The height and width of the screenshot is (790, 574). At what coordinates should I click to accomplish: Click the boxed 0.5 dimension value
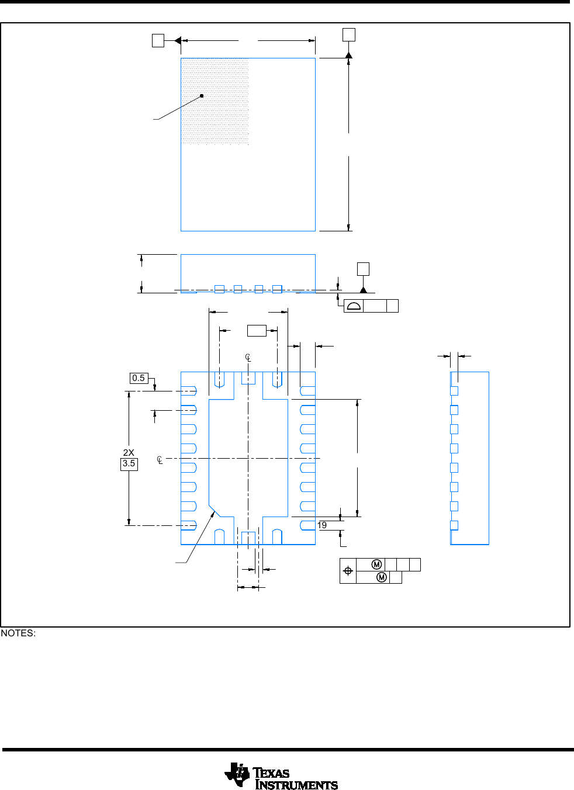(139, 378)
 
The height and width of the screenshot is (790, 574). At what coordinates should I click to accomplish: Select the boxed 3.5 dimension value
(129, 463)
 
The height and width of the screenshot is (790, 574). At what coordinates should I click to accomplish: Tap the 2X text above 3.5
(129, 452)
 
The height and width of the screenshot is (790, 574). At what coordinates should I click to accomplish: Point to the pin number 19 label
(321, 525)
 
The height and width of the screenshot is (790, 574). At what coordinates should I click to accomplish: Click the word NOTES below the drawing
(18, 633)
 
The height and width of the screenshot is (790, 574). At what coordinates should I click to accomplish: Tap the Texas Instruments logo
(281, 776)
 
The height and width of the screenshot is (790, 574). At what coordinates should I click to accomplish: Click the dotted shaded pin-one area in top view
(215, 101)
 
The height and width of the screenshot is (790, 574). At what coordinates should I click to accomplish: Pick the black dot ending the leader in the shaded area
(202, 96)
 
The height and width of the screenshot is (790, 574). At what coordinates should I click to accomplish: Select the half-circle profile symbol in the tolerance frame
(354, 306)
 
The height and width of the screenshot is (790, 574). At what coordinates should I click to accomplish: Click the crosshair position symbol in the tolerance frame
(348, 571)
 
